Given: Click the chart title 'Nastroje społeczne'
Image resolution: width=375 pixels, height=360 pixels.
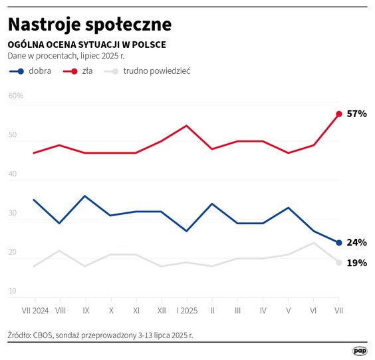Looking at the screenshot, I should click(90, 24).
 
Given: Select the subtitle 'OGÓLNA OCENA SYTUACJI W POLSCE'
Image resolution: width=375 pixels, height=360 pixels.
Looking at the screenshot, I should click(86, 45).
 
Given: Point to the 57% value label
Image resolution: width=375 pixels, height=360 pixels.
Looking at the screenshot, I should click(357, 114).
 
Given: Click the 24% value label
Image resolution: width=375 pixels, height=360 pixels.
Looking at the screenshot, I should click(357, 242).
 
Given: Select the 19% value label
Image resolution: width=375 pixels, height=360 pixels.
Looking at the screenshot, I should click(357, 263).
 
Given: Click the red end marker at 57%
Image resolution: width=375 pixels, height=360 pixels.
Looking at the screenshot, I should click(339, 114).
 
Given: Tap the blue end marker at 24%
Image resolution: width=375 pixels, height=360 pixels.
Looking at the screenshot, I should click(339, 242).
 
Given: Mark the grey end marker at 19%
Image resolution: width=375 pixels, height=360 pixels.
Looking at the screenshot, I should click(339, 262).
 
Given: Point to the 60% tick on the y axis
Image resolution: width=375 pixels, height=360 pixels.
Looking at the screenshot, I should click(16, 96).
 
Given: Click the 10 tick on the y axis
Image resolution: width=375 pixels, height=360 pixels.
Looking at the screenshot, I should click(13, 291).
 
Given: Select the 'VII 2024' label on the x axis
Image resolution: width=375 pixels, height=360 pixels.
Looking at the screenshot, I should click(34, 309).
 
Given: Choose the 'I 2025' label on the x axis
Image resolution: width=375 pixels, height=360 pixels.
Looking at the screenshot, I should click(186, 309).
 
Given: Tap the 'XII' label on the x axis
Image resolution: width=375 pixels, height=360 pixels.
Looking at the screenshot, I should click(161, 309).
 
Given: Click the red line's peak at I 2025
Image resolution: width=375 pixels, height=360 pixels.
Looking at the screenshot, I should click(186, 126).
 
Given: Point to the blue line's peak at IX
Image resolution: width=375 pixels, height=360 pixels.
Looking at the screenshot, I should click(84, 196).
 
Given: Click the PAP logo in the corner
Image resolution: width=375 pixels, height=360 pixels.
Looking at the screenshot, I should click(360, 351).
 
